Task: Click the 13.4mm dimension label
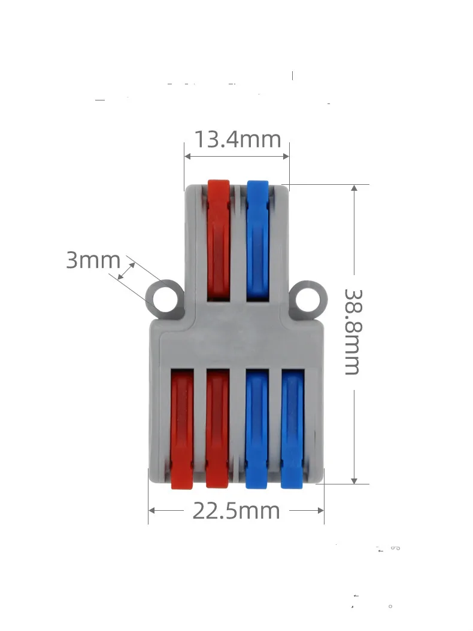click(x=237, y=139)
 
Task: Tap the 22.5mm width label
click(x=236, y=511)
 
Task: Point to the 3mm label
click(x=93, y=261)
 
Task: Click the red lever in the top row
click(x=219, y=239)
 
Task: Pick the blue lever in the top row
click(x=257, y=239)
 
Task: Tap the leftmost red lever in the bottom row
click(x=182, y=428)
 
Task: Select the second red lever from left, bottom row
click(x=217, y=428)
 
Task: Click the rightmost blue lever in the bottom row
click(x=292, y=428)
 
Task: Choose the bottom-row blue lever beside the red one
click(x=256, y=428)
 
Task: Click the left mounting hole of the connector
click(x=162, y=298)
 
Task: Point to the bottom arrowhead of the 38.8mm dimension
click(x=354, y=480)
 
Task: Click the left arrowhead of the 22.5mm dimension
click(x=152, y=511)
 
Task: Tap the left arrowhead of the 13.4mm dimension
click(x=187, y=157)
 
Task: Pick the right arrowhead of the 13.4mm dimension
click(x=286, y=157)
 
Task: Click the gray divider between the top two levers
click(x=238, y=239)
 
